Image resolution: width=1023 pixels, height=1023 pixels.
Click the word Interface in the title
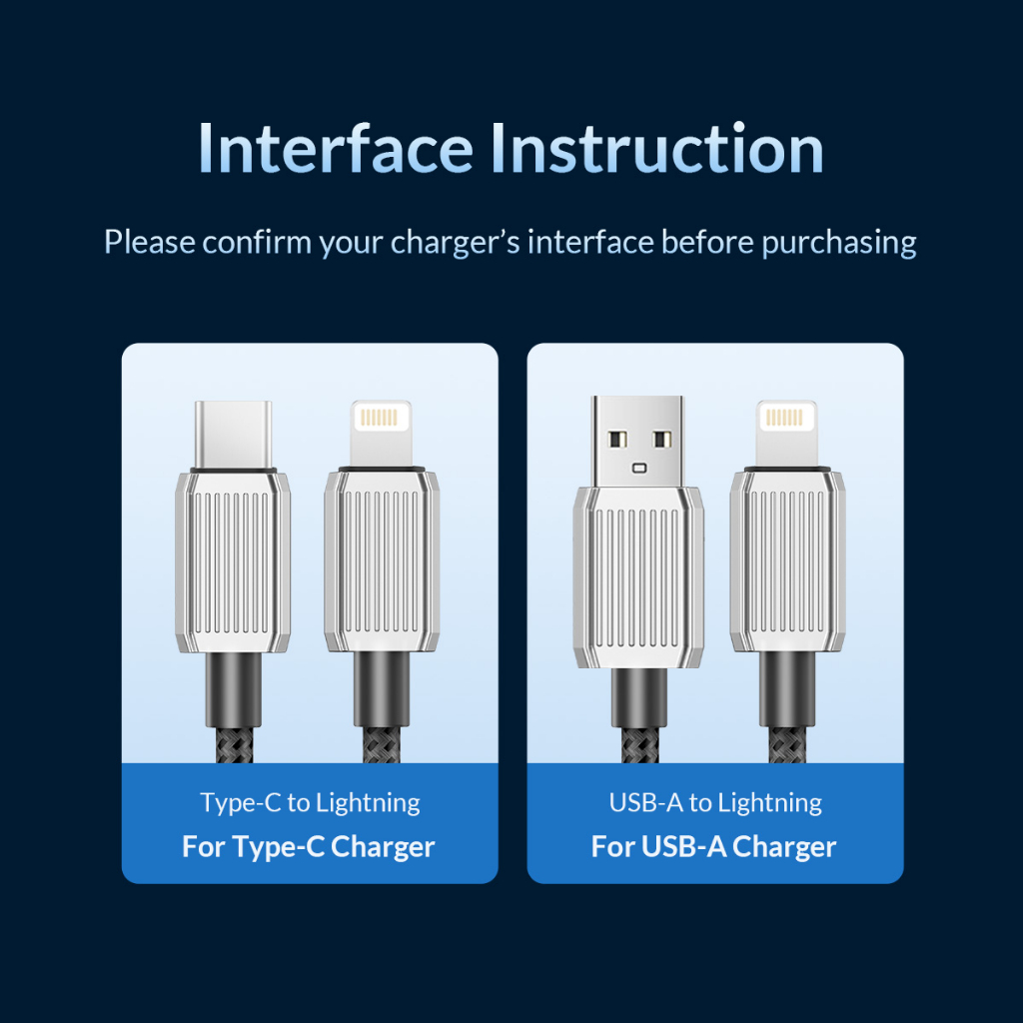point(335,149)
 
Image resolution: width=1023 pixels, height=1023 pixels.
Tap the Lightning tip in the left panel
point(381,431)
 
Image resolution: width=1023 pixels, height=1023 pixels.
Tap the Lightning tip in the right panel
point(786,431)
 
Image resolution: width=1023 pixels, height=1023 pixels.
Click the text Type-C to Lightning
point(310,802)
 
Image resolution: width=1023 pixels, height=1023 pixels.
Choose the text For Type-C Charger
point(309,847)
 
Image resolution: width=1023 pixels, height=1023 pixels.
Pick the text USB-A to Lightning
point(715,802)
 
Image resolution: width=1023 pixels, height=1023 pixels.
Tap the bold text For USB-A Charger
point(713,847)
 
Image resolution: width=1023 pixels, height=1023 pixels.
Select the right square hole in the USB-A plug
point(661,439)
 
